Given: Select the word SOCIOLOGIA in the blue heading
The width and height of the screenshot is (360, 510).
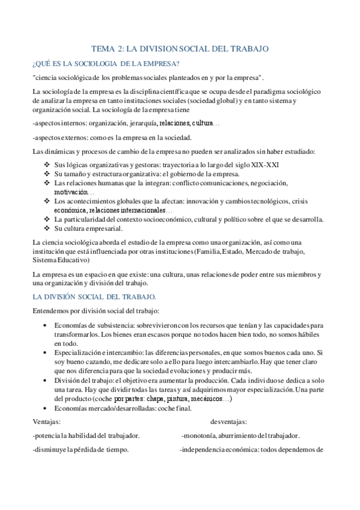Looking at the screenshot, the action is click(x=97, y=63).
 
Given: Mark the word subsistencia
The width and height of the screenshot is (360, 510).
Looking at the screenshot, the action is click(x=105, y=325).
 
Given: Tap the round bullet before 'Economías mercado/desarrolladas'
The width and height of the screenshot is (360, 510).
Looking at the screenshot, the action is click(x=47, y=409).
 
